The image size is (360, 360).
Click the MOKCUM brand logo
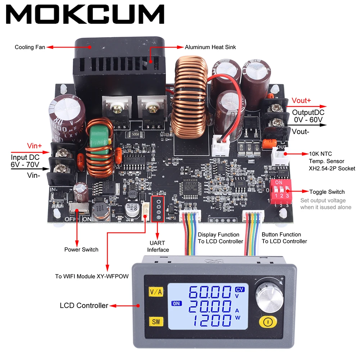(85, 15)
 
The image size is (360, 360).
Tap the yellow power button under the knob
(267, 321)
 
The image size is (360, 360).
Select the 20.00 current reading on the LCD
(210, 307)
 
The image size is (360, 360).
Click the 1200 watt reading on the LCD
(210, 321)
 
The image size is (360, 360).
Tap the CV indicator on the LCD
(239, 289)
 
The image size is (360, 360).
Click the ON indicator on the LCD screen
(176, 303)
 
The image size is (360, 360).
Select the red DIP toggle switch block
(280, 192)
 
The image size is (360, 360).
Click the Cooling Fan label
(30, 47)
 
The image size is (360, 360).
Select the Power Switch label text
(81, 249)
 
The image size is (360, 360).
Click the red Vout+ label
(302, 101)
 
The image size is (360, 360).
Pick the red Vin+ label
(35, 146)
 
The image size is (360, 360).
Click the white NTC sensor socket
(279, 156)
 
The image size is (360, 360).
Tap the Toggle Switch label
(327, 192)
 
